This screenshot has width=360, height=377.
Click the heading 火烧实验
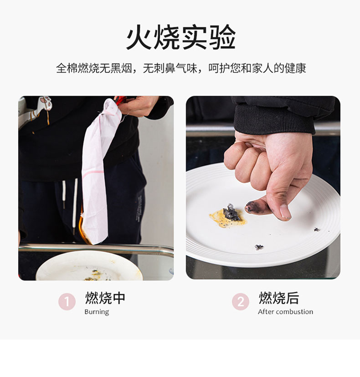181,37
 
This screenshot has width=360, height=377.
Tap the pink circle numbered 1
67,301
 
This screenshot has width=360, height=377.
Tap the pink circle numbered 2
241,301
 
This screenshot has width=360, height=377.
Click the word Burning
97,312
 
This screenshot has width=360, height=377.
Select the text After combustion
285,311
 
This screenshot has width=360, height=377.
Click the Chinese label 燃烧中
105,298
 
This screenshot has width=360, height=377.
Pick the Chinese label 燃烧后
279,298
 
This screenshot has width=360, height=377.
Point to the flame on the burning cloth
83,227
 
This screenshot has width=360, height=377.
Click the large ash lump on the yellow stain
231,212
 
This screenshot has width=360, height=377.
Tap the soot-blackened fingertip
252,207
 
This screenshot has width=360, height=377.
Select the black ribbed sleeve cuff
274,118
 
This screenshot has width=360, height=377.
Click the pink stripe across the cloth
93,173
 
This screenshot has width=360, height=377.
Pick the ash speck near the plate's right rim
317,229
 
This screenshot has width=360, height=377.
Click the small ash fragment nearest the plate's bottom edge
259,247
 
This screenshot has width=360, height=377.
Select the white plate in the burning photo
89,266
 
